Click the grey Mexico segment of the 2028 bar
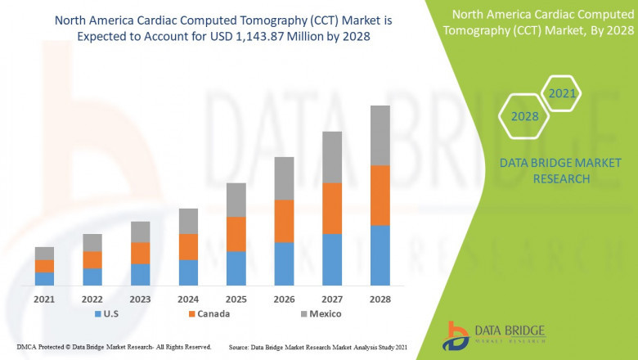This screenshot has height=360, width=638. [x=380, y=135]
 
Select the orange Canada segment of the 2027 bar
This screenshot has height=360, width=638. [x=331, y=208]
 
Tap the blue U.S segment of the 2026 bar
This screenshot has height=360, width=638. [x=284, y=263]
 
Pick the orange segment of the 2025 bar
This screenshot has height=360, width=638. [x=236, y=234]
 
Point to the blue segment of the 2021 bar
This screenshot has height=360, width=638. [x=44, y=278]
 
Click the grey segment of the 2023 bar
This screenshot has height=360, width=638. [x=140, y=232]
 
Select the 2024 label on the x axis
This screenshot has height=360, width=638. [x=188, y=299]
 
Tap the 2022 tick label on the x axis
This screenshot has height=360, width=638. [x=92, y=299]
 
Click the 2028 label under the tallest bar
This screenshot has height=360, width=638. [x=380, y=299]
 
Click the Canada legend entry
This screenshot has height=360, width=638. [x=208, y=313]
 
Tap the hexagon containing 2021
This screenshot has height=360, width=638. [x=562, y=93]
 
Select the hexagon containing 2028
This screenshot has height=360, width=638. [x=524, y=116]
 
